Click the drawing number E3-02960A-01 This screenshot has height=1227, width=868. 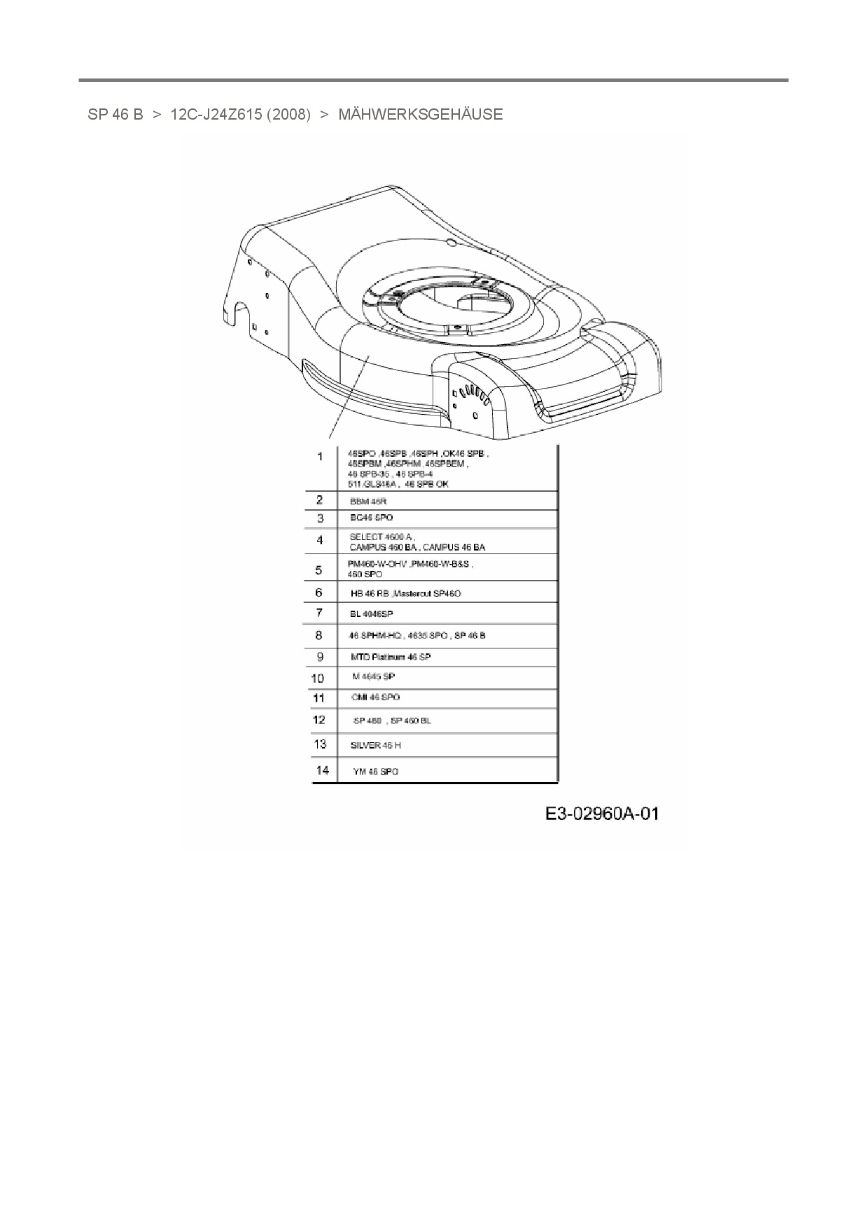[602, 814]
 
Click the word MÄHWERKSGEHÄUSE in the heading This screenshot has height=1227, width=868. [420, 115]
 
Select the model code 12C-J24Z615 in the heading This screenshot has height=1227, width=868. [215, 115]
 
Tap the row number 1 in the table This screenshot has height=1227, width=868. [320, 457]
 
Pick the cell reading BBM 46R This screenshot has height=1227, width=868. [368, 502]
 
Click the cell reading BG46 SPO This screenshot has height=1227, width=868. [371, 518]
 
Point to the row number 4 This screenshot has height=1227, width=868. [320, 540]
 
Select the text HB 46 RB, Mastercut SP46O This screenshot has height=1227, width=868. [405, 593]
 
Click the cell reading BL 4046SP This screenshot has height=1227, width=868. [371, 613]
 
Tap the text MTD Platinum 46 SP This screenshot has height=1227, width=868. [391, 657]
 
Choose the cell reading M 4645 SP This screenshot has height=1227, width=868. [373, 676]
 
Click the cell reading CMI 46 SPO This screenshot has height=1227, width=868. [375, 697]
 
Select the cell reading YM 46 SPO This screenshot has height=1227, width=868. [375, 772]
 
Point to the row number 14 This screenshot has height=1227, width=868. [322, 770]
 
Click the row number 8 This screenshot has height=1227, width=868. [319, 635]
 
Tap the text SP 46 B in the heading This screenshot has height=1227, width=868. [115, 115]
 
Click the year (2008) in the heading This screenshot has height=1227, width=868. [288, 115]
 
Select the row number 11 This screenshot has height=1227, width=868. [318, 697]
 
